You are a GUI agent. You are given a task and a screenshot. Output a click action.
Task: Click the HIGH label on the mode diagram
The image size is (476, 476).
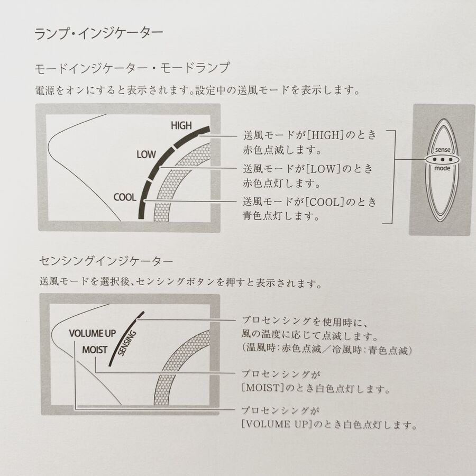tap(181, 125)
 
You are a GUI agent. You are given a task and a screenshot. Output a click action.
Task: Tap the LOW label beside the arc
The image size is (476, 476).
tap(146, 154)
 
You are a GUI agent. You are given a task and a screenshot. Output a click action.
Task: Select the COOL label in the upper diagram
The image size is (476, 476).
tap(125, 198)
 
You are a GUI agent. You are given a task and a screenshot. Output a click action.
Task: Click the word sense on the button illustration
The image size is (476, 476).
tap(443, 150)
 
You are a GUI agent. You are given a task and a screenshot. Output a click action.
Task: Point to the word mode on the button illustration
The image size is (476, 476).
tap(442, 168)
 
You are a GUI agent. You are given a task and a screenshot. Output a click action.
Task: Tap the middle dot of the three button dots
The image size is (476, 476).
tap(443, 159)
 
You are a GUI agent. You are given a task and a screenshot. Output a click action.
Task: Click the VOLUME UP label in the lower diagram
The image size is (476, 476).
tap(92, 333)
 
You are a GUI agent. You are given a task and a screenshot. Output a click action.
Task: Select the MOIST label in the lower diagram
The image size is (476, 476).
tap(95, 350)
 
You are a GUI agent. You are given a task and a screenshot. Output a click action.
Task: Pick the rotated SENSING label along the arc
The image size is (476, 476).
tap(127, 343)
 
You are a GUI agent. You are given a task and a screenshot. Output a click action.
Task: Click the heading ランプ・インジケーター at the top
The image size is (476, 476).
tap(99, 33)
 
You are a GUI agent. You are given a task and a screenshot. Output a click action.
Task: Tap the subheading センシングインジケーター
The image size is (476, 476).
tap(106, 261)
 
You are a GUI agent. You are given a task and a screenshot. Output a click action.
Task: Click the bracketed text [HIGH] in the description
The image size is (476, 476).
tap(325, 135)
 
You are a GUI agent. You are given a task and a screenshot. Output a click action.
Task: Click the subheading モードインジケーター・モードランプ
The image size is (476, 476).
tap(132, 68)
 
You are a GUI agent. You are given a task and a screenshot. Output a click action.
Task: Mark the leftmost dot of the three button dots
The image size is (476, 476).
tap(435, 159)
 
